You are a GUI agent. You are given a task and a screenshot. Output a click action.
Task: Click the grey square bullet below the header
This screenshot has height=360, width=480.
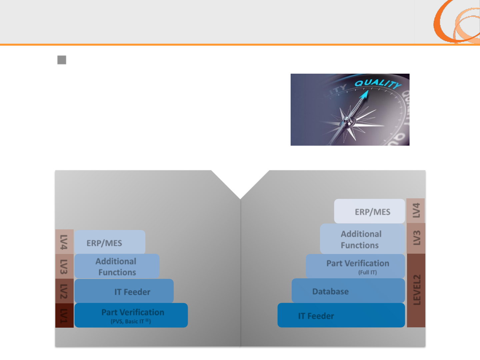tap(62, 60)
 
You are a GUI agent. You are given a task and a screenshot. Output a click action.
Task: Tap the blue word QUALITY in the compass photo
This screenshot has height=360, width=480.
tap(378, 83)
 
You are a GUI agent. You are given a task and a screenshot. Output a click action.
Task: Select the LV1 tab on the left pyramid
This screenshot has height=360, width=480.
tap(64, 315)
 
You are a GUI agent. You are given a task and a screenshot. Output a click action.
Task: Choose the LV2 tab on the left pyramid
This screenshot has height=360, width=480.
tap(64, 291)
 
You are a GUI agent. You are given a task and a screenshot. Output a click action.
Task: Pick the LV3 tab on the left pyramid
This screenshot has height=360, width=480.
tap(64, 266)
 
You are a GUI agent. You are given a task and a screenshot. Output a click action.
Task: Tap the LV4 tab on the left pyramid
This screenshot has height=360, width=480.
tap(64, 242)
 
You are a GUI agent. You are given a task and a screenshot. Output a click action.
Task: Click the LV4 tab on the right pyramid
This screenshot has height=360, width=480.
tap(416, 211)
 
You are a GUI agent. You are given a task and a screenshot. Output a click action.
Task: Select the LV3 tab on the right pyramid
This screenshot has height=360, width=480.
tap(416, 238)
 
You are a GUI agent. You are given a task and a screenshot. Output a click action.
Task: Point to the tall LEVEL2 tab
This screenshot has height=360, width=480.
tap(416, 290)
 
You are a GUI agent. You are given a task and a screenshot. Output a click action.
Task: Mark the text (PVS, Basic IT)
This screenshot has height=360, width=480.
tap(131, 321)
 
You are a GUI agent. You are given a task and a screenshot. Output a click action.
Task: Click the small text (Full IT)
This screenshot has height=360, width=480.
tap(367, 272)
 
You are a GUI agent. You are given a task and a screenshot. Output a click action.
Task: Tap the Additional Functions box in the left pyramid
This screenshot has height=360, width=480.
tap(117, 266)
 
